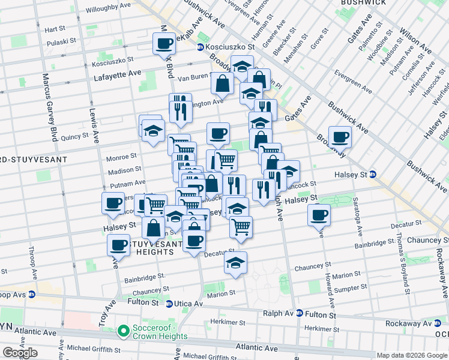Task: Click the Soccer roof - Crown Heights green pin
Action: pyautogui.click(x=124, y=331)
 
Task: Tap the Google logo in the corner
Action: pyautogui.click(x=20, y=353)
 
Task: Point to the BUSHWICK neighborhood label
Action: pyautogui.click(x=363, y=3)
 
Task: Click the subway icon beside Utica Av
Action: pyautogui.click(x=169, y=304)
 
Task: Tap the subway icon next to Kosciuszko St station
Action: pyautogui.click(x=200, y=46)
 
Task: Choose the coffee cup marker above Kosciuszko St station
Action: pyautogui.click(x=164, y=43)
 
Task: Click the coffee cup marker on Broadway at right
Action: pyautogui.click(x=340, y=136)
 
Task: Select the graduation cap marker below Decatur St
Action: pyautogui.click(x=236, y=263)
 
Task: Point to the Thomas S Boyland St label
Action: pyautogui.click(x=400, y=259)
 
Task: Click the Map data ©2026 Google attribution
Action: pyautogui.click(x=411, y=355)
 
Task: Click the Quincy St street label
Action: pyautogui.click(x=75, y=136)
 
